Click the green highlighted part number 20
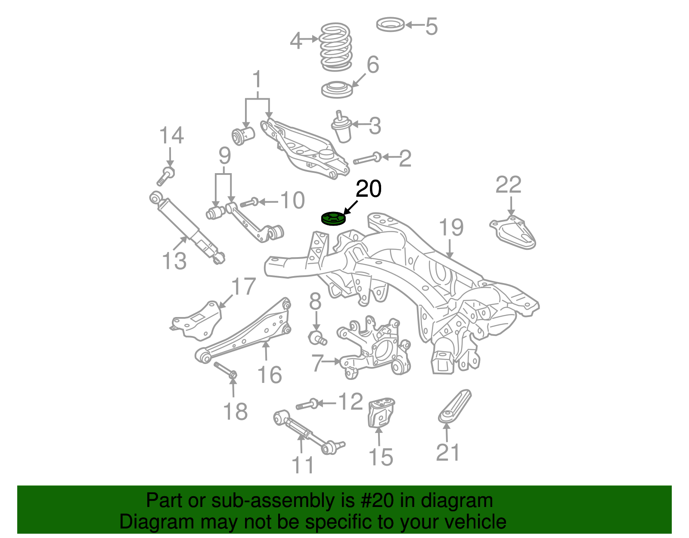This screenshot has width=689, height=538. [333, 219]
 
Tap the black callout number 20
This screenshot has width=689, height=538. [369, 189]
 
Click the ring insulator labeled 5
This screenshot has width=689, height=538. [390, 25]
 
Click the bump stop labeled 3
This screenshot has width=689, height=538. [341, 128]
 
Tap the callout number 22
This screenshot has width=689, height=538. [508, 185]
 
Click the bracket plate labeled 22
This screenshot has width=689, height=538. [513, 233]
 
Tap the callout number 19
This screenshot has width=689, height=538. [451, 228]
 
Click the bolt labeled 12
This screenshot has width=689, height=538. [307, 404]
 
